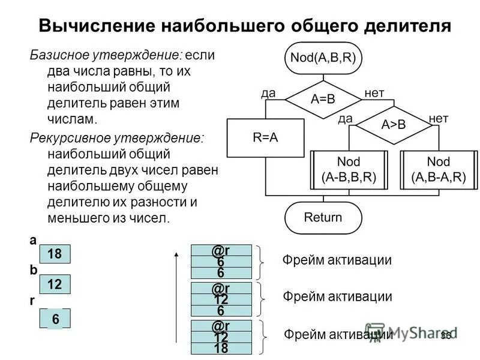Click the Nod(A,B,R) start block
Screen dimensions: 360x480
tap(323, 58)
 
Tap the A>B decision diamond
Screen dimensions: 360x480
tap(394, 125)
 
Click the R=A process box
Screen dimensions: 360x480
tap(265, 137)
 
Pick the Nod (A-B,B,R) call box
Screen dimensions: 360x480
tap(349, 170)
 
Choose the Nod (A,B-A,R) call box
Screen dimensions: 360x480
tap(439, 170)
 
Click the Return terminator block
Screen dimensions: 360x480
tap(323, 217)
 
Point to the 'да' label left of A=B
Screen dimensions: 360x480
tap(268, 93)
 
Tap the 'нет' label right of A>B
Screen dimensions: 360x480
tap(439, 118)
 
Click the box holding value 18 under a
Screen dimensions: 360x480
tap(55, 254)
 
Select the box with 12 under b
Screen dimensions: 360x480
tap(55, 284)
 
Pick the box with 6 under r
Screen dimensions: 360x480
tap(55, 319)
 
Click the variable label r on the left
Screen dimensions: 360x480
tap(32, 302)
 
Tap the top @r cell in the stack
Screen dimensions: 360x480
tap(221, 250)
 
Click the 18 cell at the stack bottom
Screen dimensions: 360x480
tap(221, 348)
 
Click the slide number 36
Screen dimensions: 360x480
tap(445, 335)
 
